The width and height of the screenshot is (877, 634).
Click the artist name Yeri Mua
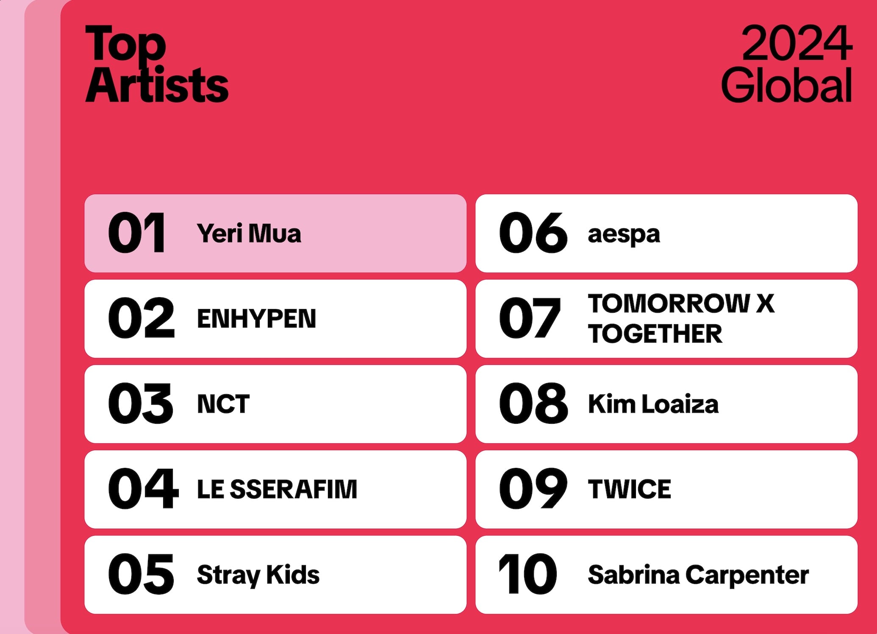pyautogui.click(x=249, y=234)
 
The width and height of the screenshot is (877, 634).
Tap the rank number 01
pyautogui.click(x=137, y=233)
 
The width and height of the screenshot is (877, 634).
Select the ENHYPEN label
pyautogui.click(x=256, y=319)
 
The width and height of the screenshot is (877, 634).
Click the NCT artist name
pyautogui.click(x=223, y=404)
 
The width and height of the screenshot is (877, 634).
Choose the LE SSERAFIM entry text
pyautogui.click(x=277, y=489)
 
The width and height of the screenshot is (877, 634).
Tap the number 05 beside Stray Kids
pyautogui.click(x=141, y=574)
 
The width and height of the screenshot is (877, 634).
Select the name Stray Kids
pyautogui.click(x=258, y=576)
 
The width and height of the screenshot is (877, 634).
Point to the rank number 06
pyautogui.click(x=533, y=233)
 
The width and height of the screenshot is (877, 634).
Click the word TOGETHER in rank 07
pyautogui.click(x=655, y=334)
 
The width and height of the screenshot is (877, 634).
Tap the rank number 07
pyautogui.click(x=530, y=318)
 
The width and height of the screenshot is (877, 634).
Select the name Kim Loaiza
pyautogui.click(x=653, y=404)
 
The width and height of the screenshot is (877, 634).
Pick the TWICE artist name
pyautogui.click(x=630, y=489)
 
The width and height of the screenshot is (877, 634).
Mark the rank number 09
pyautogui.click(x=533, y=488)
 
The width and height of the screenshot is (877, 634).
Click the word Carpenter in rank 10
pyautogui.click(x=747, y=576)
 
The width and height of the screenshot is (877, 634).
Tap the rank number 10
pyautogui.click(x=528, y=574)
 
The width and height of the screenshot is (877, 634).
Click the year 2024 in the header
pyautogui.click(x=797, y=43)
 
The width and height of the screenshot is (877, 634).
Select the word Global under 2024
pyautogui.click(x=787, y=84)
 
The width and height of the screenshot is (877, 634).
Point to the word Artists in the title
pyautogui.click(x=157, y=84)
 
